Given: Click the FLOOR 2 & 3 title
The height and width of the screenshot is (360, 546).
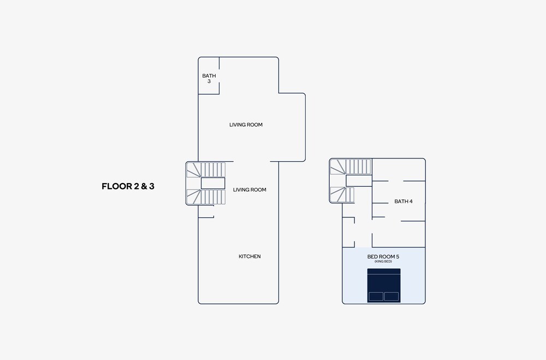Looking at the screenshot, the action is click(128, 186).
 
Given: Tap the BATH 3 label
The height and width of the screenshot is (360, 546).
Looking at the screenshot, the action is click(209, 79).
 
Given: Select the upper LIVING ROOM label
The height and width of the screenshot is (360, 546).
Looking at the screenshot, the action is click(246, 125).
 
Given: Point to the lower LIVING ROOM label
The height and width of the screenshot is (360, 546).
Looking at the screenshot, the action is click(250, 190).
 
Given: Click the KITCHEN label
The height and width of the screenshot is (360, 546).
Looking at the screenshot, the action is click(250, 256).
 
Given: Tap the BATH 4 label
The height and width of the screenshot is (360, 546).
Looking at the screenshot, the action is click(403, 201).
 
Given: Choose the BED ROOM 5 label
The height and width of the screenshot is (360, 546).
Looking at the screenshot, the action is click(383, 257).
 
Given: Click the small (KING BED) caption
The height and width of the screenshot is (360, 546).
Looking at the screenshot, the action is click(383, 261).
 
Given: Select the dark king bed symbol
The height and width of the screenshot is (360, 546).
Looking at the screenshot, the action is click(384, 285).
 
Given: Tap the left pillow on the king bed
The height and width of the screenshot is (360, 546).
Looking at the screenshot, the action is click(376, 297).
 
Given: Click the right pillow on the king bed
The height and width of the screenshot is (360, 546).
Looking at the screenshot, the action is click(391, 297).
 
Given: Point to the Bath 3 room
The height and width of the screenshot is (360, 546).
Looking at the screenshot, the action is click(209, 75).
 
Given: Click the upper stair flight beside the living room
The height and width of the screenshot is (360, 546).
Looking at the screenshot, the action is click(206, 170).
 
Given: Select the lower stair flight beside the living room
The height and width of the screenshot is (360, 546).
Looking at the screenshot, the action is click(206, 197).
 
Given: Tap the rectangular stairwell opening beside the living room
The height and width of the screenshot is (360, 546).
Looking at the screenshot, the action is click(213, 184).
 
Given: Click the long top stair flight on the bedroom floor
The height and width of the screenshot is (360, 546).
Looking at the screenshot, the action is click(351, 167).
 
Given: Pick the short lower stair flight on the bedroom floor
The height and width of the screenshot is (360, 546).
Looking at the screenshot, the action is click(342, 195).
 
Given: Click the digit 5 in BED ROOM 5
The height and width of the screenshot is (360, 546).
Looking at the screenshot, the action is click(397, 257).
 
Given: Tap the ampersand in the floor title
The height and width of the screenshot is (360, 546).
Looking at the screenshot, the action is click(144, 186).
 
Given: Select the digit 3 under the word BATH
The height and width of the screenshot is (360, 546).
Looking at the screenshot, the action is click(209, 81).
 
